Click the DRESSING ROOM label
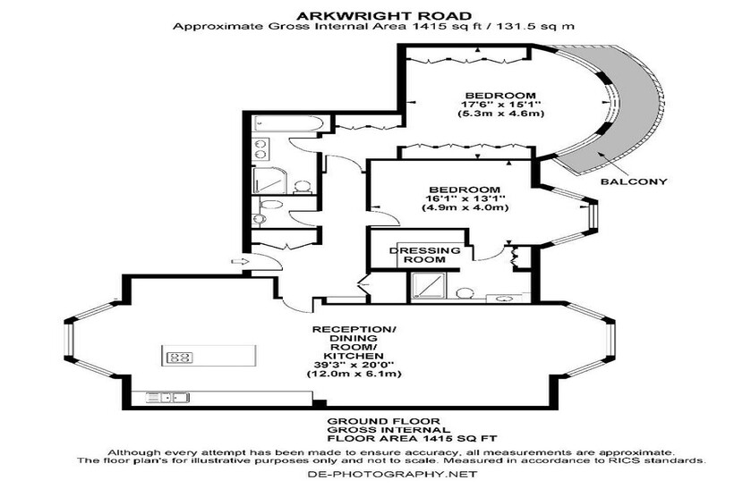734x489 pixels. point(425,255)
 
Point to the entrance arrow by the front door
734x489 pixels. point(238,261)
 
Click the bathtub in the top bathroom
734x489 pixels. point(287,124)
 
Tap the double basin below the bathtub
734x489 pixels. point(260,148)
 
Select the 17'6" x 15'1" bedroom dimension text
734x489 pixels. point(500,105)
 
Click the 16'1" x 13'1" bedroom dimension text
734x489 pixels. point(465,198)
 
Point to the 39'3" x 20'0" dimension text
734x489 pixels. point(354,365)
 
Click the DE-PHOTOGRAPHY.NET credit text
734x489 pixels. point(392,474)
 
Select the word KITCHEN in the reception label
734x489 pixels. point(354,356)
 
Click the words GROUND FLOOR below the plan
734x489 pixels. point(383,421)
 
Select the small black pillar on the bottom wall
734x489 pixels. point(320,404)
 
